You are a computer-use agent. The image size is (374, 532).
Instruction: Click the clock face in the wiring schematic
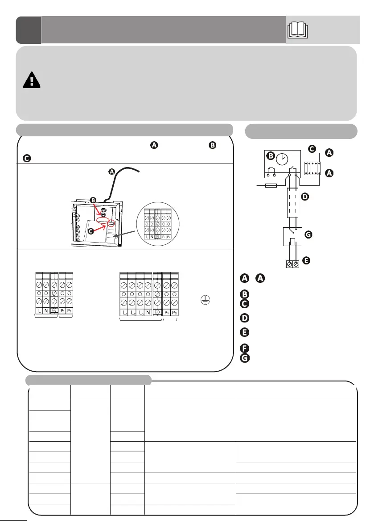click(x=282, y=159)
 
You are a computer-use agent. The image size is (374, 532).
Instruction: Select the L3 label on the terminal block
click(x=140, y=314)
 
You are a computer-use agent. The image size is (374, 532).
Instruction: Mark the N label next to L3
click(x=148, y=314)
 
